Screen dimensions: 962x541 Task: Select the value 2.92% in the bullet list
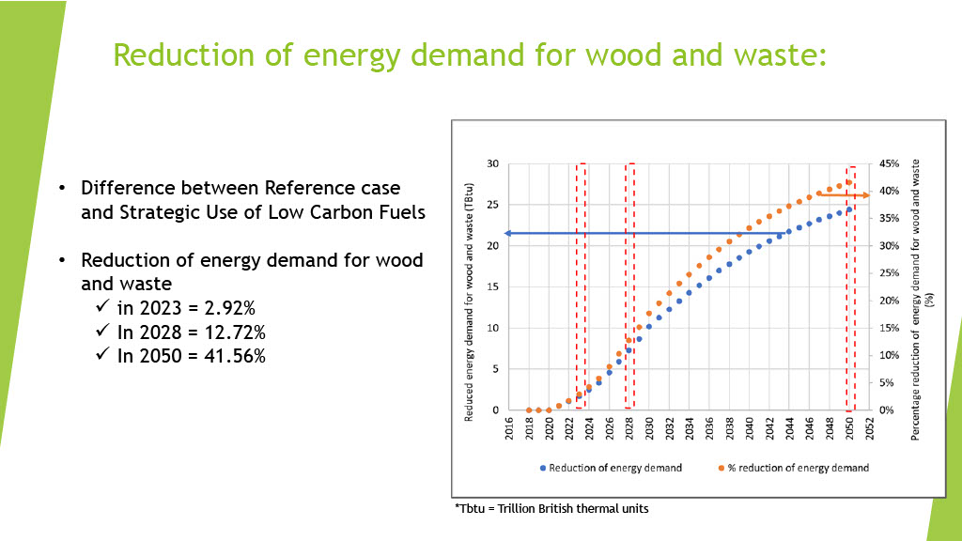[x=229, y=308]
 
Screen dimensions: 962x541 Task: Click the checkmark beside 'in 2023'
[x=102, y=305]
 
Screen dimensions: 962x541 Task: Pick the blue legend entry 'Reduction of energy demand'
[x=611, y=468]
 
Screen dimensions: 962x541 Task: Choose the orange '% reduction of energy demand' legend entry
[x=793, y=468]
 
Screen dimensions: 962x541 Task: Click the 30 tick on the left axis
[x=492, y=163]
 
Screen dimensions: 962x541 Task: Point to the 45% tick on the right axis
[x=889, y=163]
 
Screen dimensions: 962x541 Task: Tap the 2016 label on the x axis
[x=509, y=428]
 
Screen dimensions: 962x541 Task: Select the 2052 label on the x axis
[x=869, y=428]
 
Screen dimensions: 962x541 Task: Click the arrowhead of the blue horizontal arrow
[x=507, y=234]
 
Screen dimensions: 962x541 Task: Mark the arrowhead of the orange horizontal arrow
[x=865, y=195]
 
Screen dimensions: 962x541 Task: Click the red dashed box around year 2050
[x=846, y=289]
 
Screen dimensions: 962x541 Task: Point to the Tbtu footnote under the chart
[x=551, y=508]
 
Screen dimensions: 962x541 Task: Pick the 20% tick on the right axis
[x=889, y=301]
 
